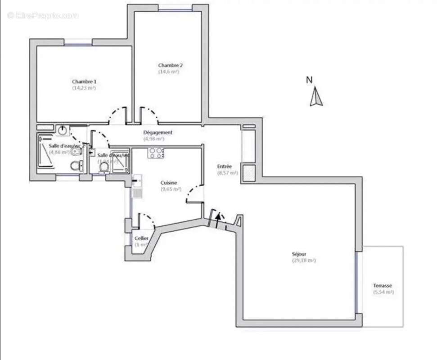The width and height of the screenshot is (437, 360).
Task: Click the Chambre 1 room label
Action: coord(84,82)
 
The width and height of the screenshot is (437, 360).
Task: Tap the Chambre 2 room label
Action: coord(170,65)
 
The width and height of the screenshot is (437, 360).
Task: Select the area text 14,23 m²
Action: coord(84,88)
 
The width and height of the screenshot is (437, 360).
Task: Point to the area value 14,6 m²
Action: coord(169,72)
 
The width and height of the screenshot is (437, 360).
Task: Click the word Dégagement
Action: coord(158,133)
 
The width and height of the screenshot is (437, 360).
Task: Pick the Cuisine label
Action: coord(169,183)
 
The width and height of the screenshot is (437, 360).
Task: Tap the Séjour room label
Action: coord(299,254)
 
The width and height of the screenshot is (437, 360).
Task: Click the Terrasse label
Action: coord(382,286)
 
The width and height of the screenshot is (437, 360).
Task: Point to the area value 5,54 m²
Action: coord(383,292)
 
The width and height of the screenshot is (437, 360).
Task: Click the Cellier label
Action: coord(141,238)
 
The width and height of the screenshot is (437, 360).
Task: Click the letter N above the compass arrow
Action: coord(309,80)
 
